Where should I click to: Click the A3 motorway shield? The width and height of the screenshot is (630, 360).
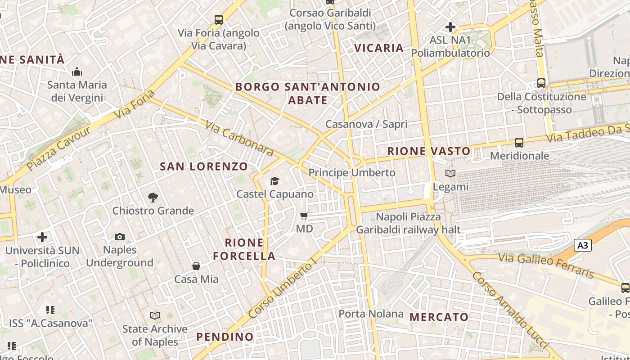(x=582, y=245)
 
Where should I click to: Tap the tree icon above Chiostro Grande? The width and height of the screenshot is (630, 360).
(x=153, y=197)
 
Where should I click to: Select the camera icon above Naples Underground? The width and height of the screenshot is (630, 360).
(x=120, y=237)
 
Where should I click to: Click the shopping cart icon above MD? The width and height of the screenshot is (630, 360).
(x=304, y=216)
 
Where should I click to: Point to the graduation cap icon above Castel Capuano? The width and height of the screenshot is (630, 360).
(x=274, y=181)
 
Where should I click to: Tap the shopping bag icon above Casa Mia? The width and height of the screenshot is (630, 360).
(x=196, y=266)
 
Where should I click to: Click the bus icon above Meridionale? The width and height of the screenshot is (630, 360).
(x=519, y=143)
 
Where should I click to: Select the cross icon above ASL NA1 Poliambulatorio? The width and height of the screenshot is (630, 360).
(x=450, y=27)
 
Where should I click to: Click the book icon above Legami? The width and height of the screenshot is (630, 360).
(x=450, y=173)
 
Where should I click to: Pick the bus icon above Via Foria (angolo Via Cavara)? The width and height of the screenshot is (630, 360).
(x=219, y=20)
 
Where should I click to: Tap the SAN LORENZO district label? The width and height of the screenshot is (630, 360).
(x=204, y=166)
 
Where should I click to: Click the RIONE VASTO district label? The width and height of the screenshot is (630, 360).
(x=429, y=151)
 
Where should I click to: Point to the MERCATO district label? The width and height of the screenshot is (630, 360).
(x=439, y=317)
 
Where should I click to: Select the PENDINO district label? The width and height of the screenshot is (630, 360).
(x=225, y=337)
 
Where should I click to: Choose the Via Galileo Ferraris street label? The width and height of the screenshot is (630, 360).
(x=547, y=265)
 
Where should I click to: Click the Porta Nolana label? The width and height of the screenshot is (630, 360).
(x=371, y=314)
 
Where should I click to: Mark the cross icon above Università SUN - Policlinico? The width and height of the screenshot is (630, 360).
(x=42, y=237)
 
